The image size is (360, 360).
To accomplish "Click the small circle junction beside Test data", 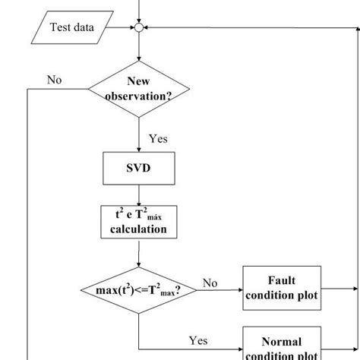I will click(139, 29).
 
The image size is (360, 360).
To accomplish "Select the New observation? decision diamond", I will click(139, 89).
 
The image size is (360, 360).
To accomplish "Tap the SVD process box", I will click(139, 168).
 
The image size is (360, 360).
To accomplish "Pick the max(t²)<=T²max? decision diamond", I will click(139, 291).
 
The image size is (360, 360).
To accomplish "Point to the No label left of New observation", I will click(54, 80).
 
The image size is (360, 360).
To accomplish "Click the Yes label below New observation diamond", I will click(158, 139).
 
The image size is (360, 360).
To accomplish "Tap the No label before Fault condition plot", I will click(210, 283).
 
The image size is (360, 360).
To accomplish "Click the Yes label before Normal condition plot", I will click(197, 341).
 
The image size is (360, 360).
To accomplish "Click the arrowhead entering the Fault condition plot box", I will click(238, 290).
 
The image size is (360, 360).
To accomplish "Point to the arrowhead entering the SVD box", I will click(139, 149).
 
